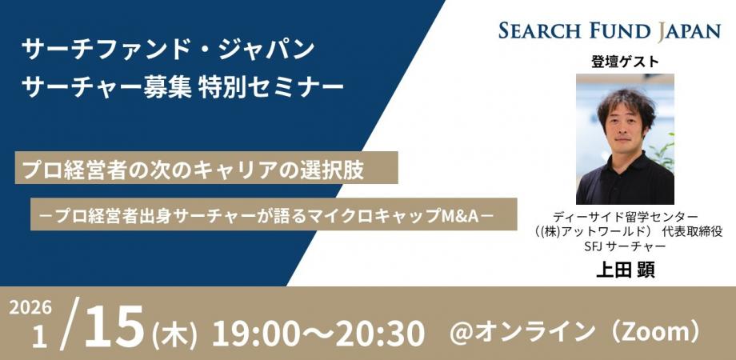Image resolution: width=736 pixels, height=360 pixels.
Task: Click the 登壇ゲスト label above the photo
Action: [625, 62]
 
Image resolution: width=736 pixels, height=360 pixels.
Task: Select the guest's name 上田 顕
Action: [625, 270]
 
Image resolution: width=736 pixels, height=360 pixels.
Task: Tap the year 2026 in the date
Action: [32, 309]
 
